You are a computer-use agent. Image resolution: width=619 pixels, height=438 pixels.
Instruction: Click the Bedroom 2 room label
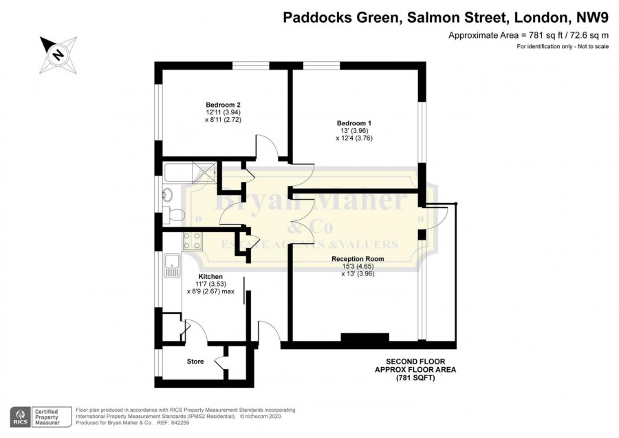tap(223, 105)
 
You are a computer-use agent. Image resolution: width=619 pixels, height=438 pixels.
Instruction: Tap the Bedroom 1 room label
tap(354, 123)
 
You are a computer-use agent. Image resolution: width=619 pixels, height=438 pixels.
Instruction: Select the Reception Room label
tap(358, 259)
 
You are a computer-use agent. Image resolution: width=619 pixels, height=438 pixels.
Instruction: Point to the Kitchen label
tap(210, 277)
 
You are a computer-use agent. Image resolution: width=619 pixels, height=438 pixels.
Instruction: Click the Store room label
tap(195, 362)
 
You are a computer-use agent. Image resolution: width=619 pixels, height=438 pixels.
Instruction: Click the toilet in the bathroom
tap(174, 215)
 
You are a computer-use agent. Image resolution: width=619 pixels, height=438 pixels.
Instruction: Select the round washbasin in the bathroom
tap(167, 194)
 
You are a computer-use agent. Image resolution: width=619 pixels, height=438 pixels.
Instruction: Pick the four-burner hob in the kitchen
tap(193, 241)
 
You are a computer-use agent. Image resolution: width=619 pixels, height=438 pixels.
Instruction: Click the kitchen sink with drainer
tap(172, 266)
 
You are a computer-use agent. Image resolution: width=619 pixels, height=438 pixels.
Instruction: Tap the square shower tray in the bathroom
tap(204, 172)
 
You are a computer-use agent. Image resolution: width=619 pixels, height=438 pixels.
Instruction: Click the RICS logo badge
tap(20, 417)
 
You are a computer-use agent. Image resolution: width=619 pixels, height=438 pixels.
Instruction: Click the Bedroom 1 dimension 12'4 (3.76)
tap(354, 138)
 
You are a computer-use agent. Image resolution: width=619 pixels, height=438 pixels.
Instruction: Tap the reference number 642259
tap(180, 423)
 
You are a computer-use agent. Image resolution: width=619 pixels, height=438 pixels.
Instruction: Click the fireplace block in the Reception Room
tap(365, 337)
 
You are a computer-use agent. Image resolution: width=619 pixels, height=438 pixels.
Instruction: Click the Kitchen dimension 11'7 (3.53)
tap(210, 284)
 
